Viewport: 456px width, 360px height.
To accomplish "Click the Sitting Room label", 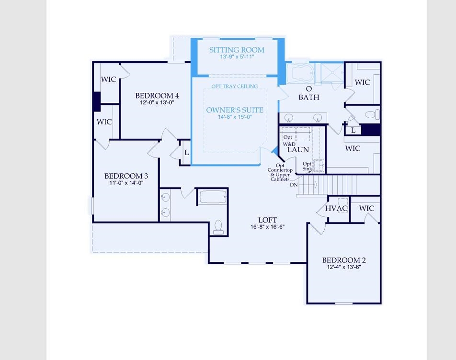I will (237, 50).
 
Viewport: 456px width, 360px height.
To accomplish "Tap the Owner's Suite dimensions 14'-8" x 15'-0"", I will (235, 117).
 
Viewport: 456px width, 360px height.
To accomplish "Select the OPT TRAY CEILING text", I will (235, 87).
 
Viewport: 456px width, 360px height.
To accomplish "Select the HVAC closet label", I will (336, 209).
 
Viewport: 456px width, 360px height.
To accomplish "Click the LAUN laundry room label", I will (297, 150).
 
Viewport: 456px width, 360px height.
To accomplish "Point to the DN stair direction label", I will (294, 184).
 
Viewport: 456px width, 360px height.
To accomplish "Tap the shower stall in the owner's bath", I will (329, 74).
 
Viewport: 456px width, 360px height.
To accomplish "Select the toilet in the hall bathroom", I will (218, 226).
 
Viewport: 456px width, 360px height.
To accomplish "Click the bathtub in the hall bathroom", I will (212, 197).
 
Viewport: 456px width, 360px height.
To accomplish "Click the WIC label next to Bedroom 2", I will (366, 208).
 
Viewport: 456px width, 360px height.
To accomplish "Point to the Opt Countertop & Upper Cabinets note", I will (280, 172).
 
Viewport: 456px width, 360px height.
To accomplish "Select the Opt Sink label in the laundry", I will (307, 167).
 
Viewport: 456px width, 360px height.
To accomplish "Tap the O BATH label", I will (309, 93).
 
